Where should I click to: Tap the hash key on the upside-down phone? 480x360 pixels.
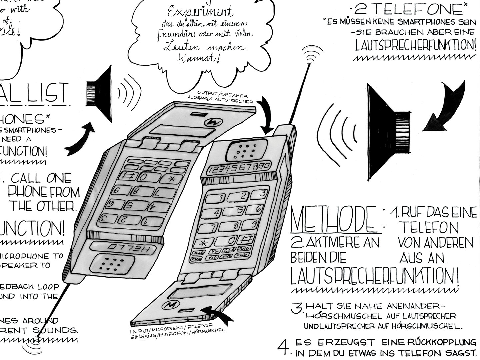point(127,175)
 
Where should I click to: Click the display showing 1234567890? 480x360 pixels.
point(238,169)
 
